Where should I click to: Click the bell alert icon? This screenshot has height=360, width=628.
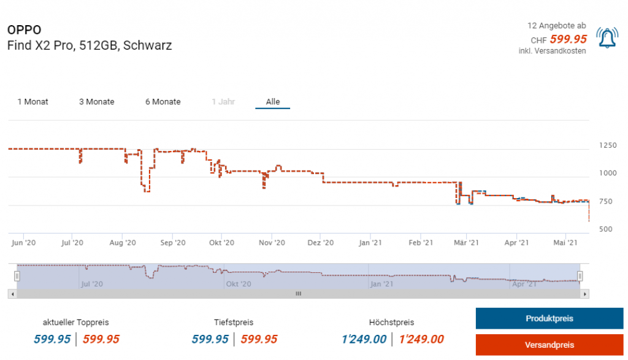607,39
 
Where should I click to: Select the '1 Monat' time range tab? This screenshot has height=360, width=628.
33,102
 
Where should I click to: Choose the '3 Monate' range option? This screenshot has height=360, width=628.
97,102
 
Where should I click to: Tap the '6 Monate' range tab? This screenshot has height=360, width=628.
163,102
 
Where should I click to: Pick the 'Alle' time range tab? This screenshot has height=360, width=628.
272,102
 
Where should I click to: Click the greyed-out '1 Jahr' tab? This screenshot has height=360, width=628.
223,102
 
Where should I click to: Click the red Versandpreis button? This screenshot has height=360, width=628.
549,345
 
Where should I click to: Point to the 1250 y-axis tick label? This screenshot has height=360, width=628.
608,145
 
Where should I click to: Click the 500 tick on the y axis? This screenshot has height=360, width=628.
607,229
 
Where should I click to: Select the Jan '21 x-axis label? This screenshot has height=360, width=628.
370,243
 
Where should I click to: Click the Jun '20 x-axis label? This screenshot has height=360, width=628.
23,243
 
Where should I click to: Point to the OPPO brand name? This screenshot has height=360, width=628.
24,30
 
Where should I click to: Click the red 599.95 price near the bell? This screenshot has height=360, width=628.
568,39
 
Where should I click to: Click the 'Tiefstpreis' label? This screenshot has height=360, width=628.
234,323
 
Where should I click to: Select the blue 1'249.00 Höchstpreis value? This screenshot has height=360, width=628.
364,339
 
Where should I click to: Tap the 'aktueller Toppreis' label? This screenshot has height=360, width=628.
76,323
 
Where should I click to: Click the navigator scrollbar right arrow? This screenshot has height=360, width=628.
586,294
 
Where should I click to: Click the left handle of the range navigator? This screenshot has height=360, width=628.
18,277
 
